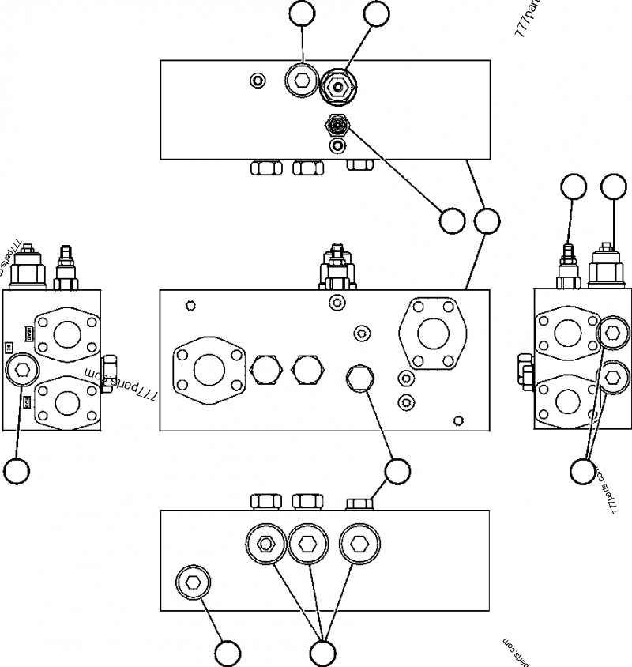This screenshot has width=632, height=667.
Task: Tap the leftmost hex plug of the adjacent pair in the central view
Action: [x=266, y=368]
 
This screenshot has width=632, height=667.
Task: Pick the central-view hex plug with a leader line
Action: [x=359, y=377]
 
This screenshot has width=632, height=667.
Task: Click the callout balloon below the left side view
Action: [x=17, y=471]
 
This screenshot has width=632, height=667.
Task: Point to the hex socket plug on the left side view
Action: [x=23, y=369]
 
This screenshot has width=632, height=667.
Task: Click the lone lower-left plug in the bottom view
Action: [x=193, y=583]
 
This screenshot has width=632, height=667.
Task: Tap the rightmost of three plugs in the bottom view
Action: [x=359, y=542]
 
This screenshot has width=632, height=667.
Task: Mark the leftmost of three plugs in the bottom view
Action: [x=265, y=542]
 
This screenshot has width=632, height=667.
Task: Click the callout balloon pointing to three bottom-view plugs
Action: [x=323, y=653]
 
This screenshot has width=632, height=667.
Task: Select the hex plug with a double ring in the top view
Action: [x=299, y=80]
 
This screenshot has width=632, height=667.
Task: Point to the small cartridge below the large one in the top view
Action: [x=339, y=124]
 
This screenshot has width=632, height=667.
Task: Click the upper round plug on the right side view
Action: [x=612, y=333]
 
